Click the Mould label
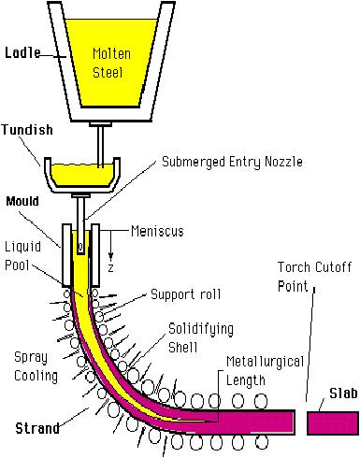(x=21, y=200)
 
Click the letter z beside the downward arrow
(x=113, y=265)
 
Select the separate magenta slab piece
(x=332, y=421)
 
